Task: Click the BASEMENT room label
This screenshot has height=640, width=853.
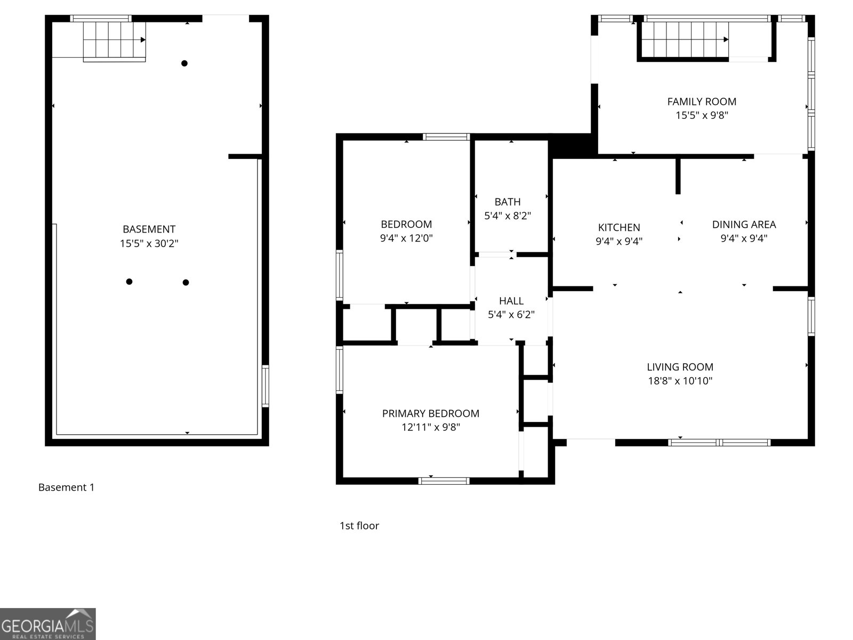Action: [x=149, y=229]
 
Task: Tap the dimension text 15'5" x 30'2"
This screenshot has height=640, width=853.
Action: [x=149, y=244]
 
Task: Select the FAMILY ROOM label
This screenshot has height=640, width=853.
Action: [x=702, y=102]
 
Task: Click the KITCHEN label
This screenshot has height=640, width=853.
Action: [x=618, y=227]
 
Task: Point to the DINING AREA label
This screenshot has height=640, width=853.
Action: [x=744, y=225]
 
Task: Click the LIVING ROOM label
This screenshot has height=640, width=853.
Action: [x=680, y=367]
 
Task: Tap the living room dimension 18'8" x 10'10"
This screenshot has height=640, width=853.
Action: [x=680, y=381]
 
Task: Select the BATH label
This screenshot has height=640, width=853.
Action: [x=508, y=202]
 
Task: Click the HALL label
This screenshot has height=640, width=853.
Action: [x=511, y=301]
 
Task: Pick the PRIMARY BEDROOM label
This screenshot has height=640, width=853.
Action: [x=431, y=413]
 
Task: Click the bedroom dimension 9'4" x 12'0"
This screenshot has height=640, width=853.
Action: [x=406, y=238]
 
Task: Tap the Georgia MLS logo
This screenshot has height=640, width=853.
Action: [x=47, y=623]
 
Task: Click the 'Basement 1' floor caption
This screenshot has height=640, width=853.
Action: [x=66, y=487]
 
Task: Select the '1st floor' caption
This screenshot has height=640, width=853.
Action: [x=359, y=526]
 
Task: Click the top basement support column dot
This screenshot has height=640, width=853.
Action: [x=184, y=63]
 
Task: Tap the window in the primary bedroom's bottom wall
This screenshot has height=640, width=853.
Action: [x=444, y=481]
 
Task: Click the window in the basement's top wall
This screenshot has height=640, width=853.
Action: [x=101, y=18]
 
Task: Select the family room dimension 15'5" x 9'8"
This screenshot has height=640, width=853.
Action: [x=702, y=115]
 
